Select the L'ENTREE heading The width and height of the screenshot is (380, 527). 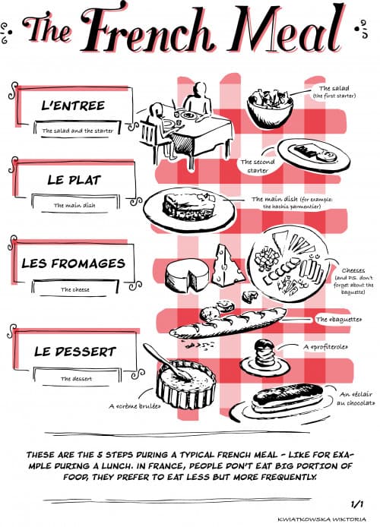tap(73, 105)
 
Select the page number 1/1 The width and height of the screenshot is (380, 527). tap(357, 503)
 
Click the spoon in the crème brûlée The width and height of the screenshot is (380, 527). tap(156, 357)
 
